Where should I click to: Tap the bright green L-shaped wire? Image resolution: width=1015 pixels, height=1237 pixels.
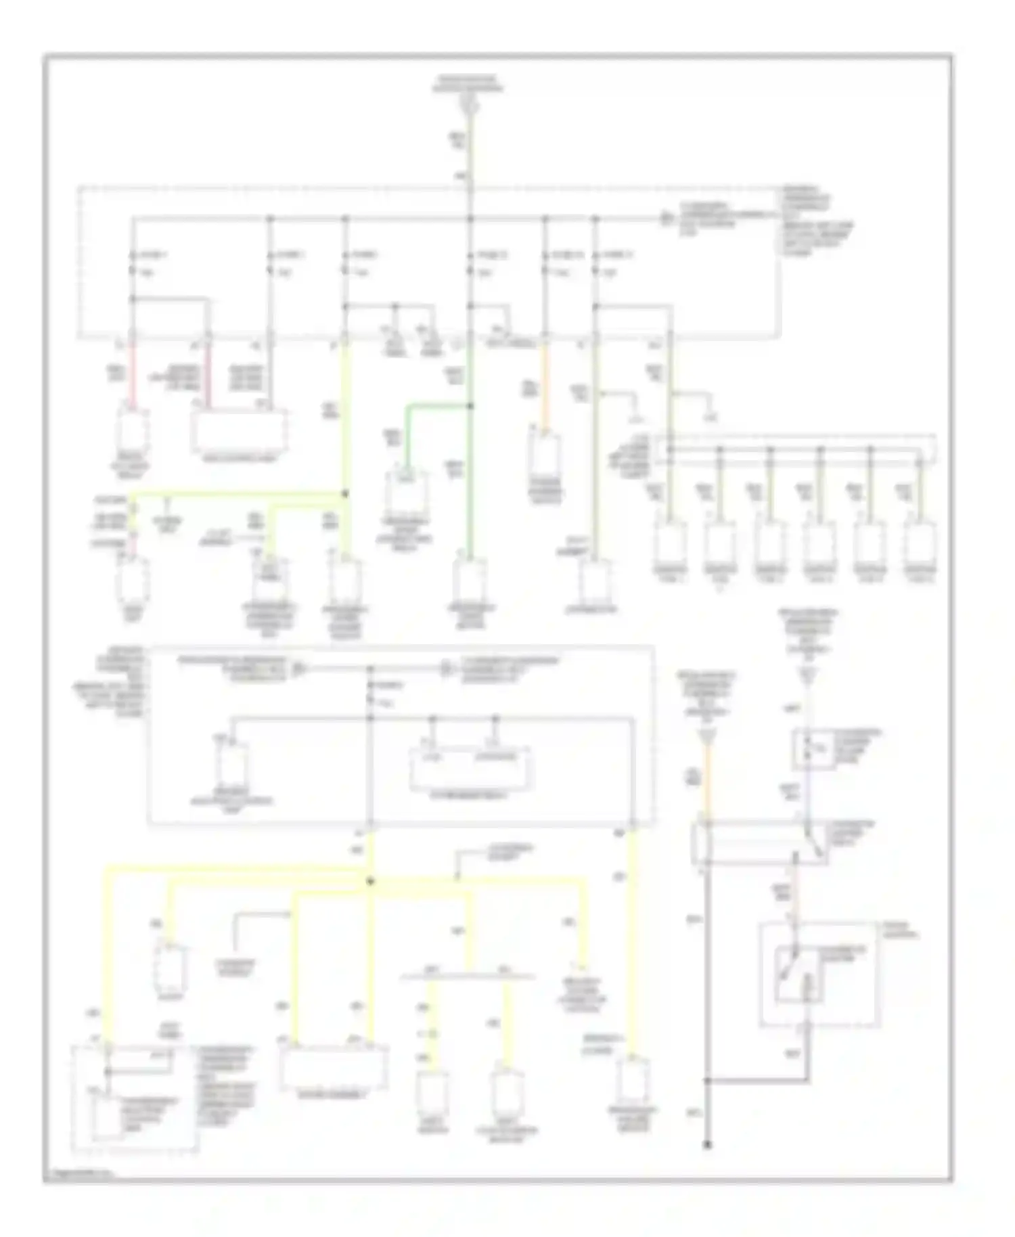(x=433, y=407)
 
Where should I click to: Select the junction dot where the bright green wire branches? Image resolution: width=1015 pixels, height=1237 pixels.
(x=470, y=406)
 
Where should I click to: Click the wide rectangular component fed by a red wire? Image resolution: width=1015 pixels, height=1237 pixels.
(x=239, y=430)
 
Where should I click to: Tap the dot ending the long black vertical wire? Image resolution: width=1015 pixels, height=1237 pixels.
(x=707, y=1145)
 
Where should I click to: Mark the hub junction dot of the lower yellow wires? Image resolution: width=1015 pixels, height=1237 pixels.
(x=370, y=881)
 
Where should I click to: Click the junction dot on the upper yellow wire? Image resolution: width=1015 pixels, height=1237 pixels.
(x=345, y=494)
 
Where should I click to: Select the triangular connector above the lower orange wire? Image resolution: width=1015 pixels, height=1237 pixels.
(x=707, y=735)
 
